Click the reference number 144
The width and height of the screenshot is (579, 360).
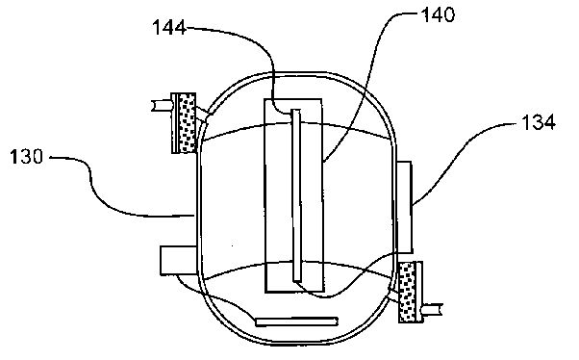(169, 28)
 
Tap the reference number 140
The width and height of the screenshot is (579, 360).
(439, 14)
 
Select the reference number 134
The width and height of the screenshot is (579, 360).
(539, 122)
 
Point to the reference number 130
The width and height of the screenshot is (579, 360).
(27, 157)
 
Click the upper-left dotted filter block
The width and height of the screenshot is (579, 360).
(188, 123)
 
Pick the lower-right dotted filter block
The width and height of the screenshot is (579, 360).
(407, 292)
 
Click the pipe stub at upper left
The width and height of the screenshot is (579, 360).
(162, 106)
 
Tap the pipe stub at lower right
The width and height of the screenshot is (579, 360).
(433, 310)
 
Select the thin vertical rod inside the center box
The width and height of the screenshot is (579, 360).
(296, 195)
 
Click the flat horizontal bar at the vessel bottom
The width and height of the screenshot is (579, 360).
(297, 321)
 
